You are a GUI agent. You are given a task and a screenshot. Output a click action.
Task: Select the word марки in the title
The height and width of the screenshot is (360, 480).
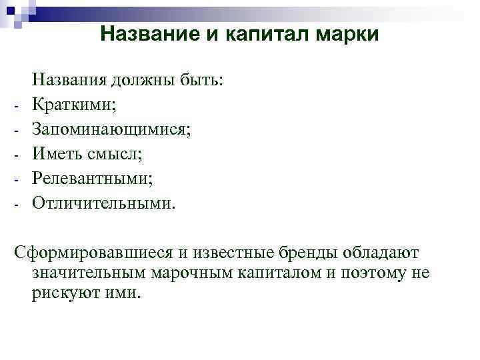click(349, 35)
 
